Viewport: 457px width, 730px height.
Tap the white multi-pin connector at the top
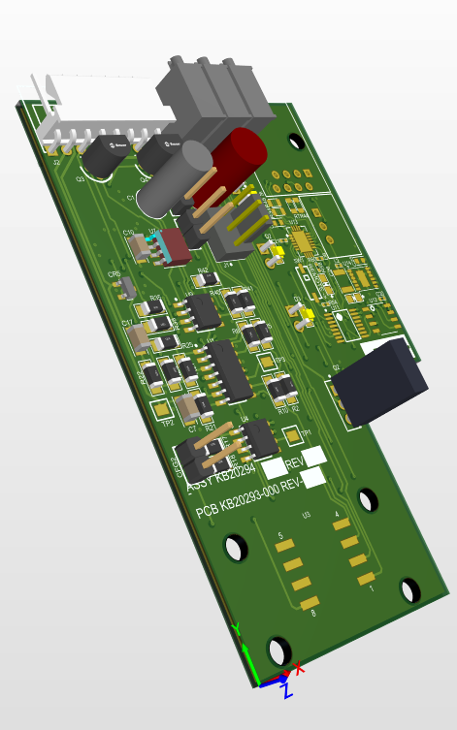pyautogui.click(x=97, y=114)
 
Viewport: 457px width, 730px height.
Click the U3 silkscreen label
pyautogui.click(x=306, y=514)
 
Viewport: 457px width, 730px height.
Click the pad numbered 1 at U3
pyautogui.click(x=366, y=580)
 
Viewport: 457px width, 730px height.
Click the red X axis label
pyautogui.click(x=299, y=667)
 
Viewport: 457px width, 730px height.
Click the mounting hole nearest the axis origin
pyautogui.click(x=279, y=649)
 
